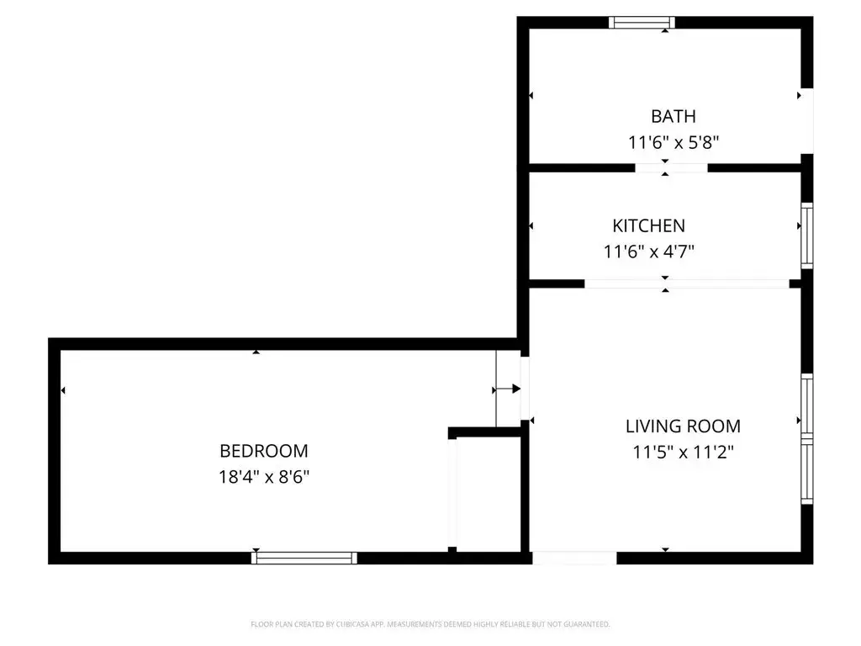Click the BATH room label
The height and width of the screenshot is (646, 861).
click(673, 116)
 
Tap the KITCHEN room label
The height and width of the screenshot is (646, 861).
click(648, 225)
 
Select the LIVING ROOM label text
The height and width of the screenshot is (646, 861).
click(683, 426)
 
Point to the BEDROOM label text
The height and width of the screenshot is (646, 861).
click(263, 451)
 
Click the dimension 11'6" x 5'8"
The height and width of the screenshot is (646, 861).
click(673, 143)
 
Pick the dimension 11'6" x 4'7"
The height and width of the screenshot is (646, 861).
click(648, 252)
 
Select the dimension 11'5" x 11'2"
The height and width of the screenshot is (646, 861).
click(683, 452)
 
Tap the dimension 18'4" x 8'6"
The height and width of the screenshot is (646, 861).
click(263, 477)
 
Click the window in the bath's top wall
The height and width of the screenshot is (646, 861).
click(642, 23)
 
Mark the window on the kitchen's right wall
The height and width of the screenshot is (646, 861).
click(806, 236)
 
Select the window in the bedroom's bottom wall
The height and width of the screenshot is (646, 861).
click(304, 559)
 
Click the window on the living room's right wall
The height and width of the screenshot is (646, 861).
click(806, 439)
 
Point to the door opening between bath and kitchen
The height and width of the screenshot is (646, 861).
click(671, 168)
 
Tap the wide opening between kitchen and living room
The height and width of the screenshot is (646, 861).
click(687, 284)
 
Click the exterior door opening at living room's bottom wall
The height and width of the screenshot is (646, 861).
click(574, 559)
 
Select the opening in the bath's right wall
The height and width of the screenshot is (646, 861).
click(806, 121)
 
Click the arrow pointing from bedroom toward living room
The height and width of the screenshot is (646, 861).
click(507, 389)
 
